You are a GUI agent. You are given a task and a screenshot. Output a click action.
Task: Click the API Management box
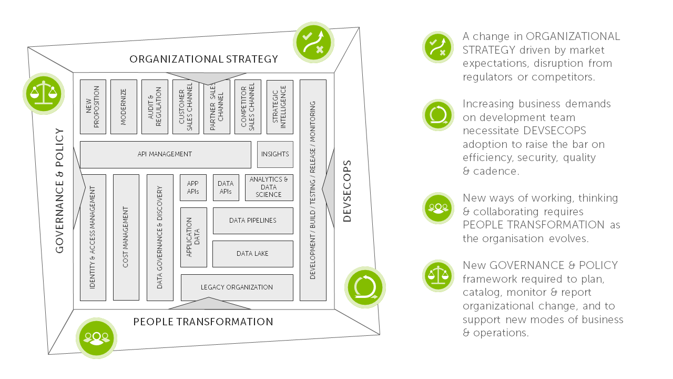[165, 154]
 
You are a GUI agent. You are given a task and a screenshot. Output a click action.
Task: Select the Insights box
[275, 154]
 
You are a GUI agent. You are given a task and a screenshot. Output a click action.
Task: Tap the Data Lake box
[252, 254]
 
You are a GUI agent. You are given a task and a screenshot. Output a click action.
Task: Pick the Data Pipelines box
[252, 221]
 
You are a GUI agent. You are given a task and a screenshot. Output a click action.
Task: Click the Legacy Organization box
[237, 287]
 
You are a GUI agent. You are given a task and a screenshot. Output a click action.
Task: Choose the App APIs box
[193, 188]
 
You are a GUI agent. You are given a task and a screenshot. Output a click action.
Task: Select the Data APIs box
[226, 188]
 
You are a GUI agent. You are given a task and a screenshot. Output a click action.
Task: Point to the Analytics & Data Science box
[269, 187]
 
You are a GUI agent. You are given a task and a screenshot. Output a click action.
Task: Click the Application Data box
[193, 237]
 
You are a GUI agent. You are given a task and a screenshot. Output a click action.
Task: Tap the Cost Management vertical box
[126, 237]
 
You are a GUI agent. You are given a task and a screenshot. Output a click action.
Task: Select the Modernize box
[124, 107]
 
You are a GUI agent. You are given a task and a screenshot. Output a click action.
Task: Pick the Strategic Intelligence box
[280, 107]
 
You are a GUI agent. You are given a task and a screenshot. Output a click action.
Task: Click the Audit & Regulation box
[155, 107]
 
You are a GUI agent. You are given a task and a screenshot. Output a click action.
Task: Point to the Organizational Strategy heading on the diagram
[203, 59]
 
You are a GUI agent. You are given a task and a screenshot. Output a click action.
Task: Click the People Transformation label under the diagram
[203, 322]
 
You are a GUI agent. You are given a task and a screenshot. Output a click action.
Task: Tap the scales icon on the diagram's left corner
[43, 93]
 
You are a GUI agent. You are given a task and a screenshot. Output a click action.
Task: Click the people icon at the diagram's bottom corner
[96, 338]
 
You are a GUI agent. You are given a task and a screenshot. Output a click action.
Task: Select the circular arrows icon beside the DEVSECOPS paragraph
[438, 115]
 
